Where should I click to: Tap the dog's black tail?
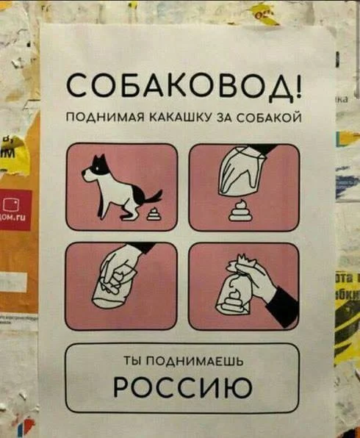pos(151,198)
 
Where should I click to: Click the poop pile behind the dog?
pos(154,215)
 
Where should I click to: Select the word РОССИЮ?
pos(183,387)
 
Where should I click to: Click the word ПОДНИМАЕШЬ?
pos(195,362)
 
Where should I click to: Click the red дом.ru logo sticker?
pos(15,209)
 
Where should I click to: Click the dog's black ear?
pos(101,159)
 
